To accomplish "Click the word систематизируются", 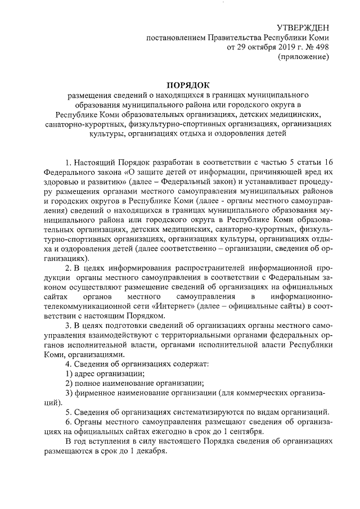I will point(204,413).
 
